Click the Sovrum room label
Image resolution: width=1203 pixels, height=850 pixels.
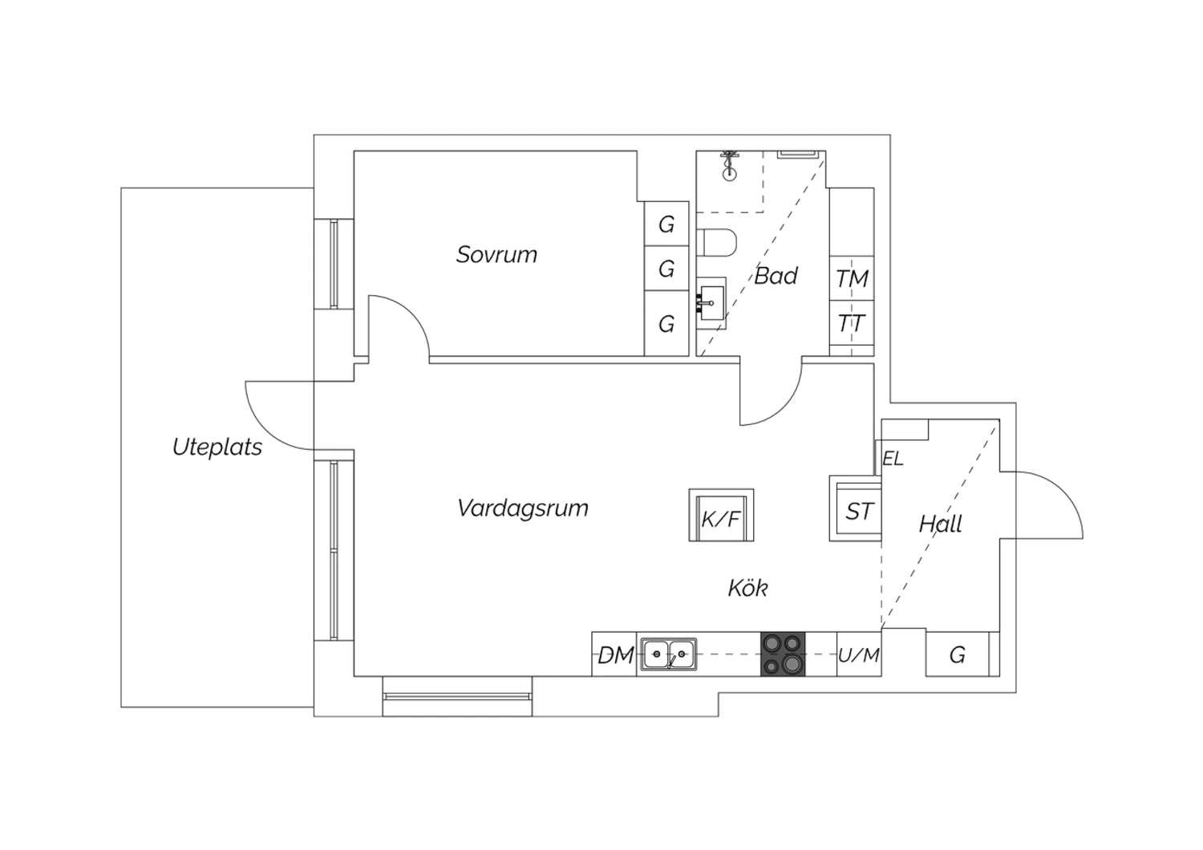click(x=496, y=254)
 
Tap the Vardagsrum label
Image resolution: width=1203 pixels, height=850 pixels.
click(x=523, y=508)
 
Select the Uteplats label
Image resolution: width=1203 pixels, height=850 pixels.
click(x=217, y=447)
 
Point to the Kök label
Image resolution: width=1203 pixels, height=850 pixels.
click(x=748, y=588)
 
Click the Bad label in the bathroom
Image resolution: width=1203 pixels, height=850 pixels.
click(x=776, y=276)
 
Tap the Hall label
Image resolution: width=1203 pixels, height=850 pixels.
click(x=941, y=524)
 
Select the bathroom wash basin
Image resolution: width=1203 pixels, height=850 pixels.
click(x=711, y=303)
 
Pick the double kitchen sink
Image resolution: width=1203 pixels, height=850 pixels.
click(x=669, y=654)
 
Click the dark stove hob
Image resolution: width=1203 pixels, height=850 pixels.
click(x=783, y=654)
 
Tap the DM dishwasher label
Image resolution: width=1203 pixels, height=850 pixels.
click(x=616, y=655)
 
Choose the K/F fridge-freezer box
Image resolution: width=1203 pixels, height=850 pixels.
click(x=721, y=515)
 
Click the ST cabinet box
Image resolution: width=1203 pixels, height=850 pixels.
click(x=856, y=508)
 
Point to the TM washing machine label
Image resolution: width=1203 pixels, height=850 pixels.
click(x=853, y=279)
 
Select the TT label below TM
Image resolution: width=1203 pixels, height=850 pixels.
click(x=851, y=324)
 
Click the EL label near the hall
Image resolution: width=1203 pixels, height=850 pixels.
click(x=893, y=459)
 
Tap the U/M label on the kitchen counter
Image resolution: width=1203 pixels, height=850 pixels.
click(x=859, y=655)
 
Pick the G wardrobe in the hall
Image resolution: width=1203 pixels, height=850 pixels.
click(x=957, y=654)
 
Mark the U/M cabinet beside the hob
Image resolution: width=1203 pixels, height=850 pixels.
click(x=859, y=654)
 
